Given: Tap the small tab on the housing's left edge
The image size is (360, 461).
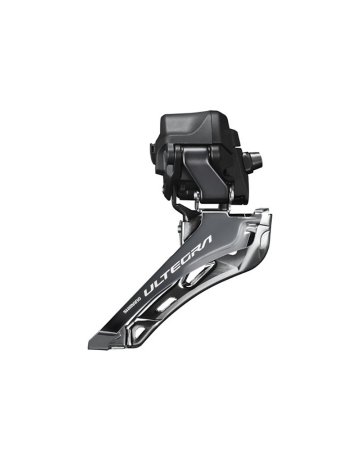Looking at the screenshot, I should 153,149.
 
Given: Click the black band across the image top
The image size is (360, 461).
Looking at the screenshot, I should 180,25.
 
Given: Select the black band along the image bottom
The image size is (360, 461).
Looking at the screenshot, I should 180,436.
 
